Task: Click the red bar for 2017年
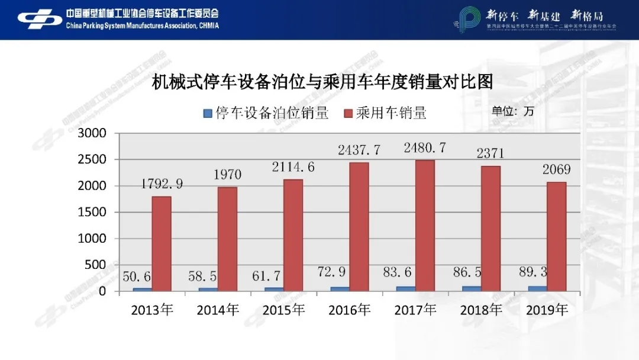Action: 424,225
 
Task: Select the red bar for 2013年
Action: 162,243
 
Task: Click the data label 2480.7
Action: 424,148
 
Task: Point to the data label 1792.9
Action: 162,184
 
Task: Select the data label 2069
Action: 556,170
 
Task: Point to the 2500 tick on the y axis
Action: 94,160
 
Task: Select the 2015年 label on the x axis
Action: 283,310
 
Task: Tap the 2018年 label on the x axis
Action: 481,310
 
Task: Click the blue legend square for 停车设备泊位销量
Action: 207,113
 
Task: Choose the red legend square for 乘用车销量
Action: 348,113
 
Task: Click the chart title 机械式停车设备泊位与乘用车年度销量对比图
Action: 322,81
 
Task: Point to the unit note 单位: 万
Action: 512,111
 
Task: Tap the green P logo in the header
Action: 469,20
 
